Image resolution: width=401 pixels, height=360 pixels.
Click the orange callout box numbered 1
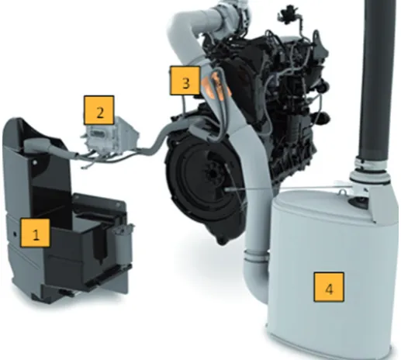pos(36,233)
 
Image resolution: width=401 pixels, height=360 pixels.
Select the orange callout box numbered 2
pos(99,110)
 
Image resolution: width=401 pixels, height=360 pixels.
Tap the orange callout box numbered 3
pos(185,81)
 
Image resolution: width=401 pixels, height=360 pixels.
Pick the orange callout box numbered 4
pos(329,287)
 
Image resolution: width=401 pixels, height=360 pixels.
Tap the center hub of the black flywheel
pos(213,174)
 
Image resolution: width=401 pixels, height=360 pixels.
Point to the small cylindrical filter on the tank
pos(123,242)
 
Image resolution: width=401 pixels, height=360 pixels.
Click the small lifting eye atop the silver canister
pos(343,192)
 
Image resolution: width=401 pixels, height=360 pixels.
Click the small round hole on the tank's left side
pos(15,234)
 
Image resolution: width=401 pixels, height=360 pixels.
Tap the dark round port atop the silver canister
pos(358,201)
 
